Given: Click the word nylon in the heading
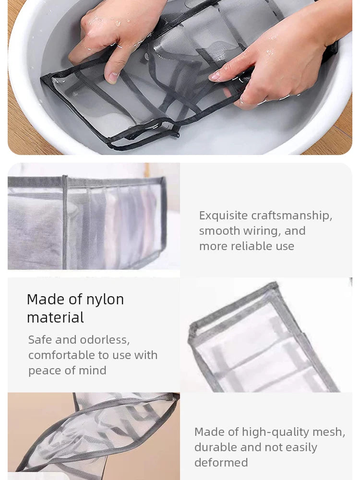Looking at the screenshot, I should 105,300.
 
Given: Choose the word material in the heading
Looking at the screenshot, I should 55,318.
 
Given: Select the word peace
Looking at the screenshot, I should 44,371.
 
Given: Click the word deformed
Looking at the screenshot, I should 221,463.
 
